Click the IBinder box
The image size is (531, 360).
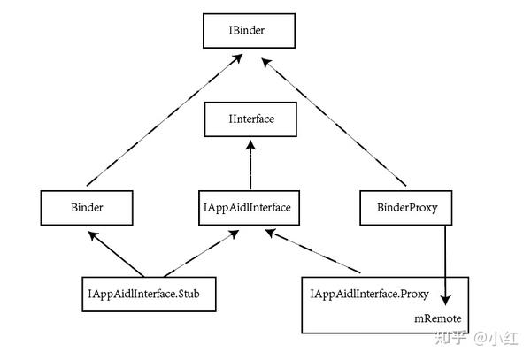pyautogui.click(x=249, y=31)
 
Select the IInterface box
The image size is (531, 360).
pyautogui.click(x=250, y=119)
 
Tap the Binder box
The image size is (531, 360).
pyautogui.click(x=87, y=208)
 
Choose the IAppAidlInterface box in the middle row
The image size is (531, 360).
pyautogui.click(x=249, y=208)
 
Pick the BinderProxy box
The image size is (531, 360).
pyautogui.click(x=405, y=208)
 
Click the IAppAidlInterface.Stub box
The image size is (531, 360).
pyautogui.click(x=149, y=295)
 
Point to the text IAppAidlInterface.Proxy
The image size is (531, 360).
pyautogui.click(x=369, y=294)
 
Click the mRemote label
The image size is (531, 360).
pyautogui.click(x=438, y=318)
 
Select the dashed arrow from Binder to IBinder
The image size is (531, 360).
pyautogui.click(x=165, y=119)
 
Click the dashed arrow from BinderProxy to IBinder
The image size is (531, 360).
pyautogui.click(x=334, y=122)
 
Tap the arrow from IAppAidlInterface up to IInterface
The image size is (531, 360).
pyautogui.click(x=250, y=165)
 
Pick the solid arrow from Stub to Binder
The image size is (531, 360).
pyautogui.click(x=116, y=254)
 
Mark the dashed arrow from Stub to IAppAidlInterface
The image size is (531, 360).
pyautogui.click(x=201, y=254)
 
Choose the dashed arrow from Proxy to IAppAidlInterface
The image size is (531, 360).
pyautogui.click(x=312, y=250)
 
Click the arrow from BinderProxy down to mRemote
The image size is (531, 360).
pyautogui.click(x=445, y=266)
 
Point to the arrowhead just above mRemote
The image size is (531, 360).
pyautogui.click(x=446, y=300)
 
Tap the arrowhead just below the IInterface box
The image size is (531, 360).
pyautogui.click(x=250, y=145)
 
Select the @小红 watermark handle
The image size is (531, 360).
pyautogui.click(x=496, y=338)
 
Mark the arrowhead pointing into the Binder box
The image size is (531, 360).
pyautogui.click(x=93, y=235)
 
